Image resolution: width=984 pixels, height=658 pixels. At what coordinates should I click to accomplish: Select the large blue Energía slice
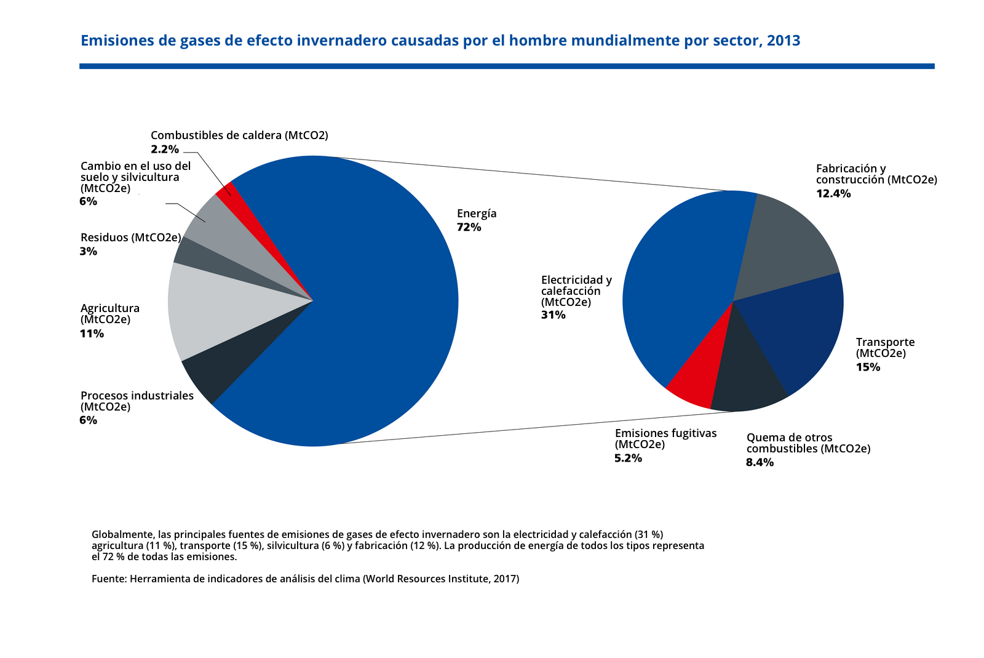pyautogui.click(x=369, y=308)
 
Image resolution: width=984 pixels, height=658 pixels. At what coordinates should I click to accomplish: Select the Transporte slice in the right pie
pyautogui.click(x=799, y=332)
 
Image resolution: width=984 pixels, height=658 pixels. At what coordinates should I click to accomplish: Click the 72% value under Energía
pyautogui.click(x=469, y=227)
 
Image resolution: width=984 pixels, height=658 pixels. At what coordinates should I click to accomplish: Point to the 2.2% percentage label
pyautogui.click(x=165, y=149)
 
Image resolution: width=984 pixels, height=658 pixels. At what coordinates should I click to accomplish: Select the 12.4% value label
pyautogui.click(x=833, y=193)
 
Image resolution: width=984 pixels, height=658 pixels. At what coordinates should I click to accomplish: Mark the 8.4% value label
pyautogui.click(x=760, y=462)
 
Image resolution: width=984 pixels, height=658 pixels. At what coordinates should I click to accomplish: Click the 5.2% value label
pyautogui.click(x=628, y=458)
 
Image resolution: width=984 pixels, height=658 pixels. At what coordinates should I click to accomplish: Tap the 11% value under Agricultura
pyautogui.click(x=92, y=334)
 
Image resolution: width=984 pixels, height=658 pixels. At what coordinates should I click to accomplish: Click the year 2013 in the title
pyautogui.click(x=784, y=41)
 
